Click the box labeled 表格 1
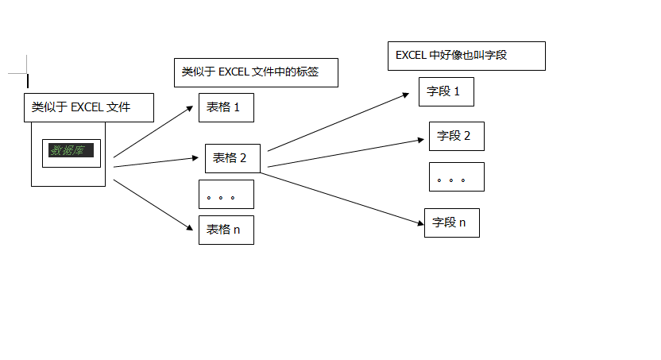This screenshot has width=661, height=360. [226, 107]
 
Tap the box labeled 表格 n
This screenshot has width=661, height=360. [226, 230]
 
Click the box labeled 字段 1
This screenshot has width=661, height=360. [446, 91]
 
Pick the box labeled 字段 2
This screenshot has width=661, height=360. [456, 136]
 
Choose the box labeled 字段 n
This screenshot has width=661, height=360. [451, 223]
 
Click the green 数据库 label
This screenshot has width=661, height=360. [72, 150]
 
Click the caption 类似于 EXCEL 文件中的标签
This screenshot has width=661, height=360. [256, 72]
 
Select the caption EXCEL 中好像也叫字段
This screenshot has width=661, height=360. [466, 56]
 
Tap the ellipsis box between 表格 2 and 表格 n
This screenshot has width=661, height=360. [226, 195]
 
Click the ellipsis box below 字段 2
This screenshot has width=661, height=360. [456, 177]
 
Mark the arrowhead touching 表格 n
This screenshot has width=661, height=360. [191, 229]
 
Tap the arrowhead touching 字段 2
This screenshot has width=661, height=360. [423, 140]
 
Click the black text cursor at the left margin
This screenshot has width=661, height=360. [28, 81]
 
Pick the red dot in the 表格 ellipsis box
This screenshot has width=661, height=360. [220, 197]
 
